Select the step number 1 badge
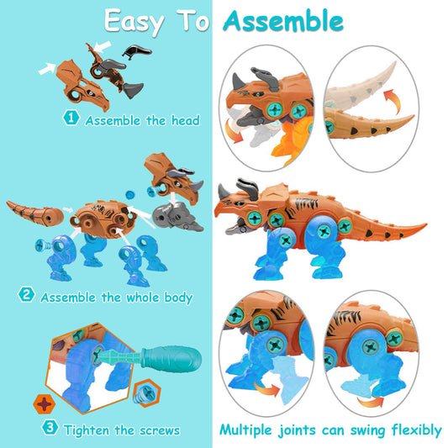[x=71, y=119]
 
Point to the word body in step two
[x=176, y=297]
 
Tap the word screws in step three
[x=158, y=430]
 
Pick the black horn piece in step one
[x=132, y=55]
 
